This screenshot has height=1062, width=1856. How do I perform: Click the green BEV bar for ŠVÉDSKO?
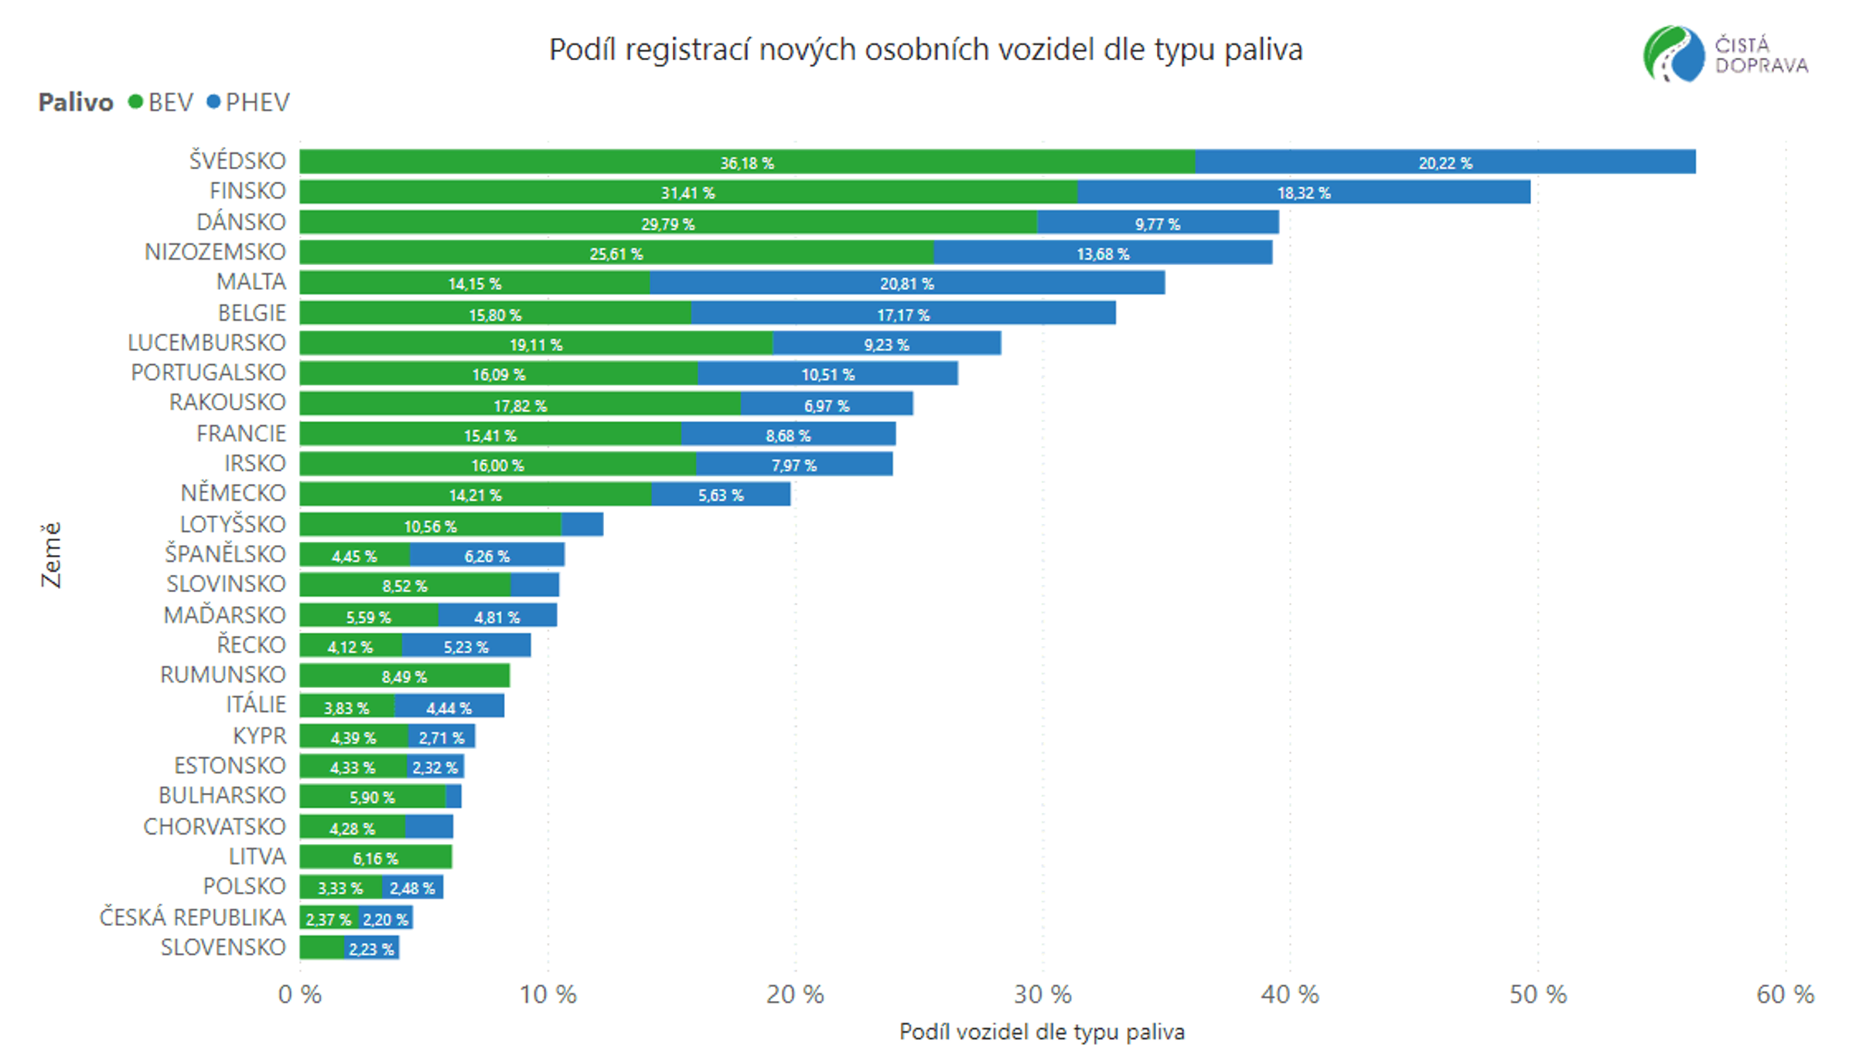point(747,162)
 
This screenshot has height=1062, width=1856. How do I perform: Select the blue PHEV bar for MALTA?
point(907,283)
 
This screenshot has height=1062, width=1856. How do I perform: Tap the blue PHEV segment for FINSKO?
point(1304,192)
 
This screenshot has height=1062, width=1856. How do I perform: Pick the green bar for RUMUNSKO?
point(404,676)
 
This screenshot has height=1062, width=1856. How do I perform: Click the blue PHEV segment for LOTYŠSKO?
point(582,524)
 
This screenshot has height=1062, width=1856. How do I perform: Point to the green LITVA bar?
point(376,857)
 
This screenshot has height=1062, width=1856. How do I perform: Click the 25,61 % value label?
point(616,254)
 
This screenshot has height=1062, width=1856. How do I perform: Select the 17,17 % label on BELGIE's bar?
point(903,315)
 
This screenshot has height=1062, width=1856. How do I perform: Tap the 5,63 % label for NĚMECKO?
point(721,495)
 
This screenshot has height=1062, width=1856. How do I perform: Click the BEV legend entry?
point(161,102)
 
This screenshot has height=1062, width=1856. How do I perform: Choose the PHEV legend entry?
point(248,102)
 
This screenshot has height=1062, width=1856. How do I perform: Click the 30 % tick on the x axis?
point(1042,994)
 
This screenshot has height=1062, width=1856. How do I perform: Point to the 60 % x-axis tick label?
point(1785,994)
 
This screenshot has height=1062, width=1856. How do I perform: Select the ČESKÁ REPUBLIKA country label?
point(193,917)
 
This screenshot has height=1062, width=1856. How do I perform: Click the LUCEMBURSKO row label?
point(206,342)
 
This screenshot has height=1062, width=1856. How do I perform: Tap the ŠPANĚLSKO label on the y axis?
point(225,554)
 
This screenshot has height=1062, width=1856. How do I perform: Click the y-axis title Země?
point(50,554)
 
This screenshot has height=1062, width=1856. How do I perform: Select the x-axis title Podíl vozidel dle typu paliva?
point(1042,1032)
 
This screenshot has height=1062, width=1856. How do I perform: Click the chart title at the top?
point(926,50)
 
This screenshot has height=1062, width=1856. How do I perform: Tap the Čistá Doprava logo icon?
point(1673,54)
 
